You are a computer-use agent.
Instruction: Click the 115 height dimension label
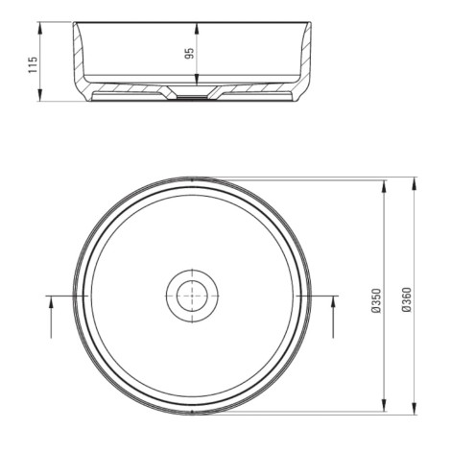(33, 65)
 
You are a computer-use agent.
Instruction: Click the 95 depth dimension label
(189, 54)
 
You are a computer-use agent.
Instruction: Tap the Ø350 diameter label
(376, 300)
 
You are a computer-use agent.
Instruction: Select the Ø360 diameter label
(407, 300)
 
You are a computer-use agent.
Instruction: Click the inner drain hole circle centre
(192, 296)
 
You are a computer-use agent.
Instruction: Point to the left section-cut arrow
(51, 317)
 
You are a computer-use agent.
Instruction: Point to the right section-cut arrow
(333, 317)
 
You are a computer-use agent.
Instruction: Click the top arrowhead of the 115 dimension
(40, 28)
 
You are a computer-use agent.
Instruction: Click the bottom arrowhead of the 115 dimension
(40, 95)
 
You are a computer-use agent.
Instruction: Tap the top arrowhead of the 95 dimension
(197, 28)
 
